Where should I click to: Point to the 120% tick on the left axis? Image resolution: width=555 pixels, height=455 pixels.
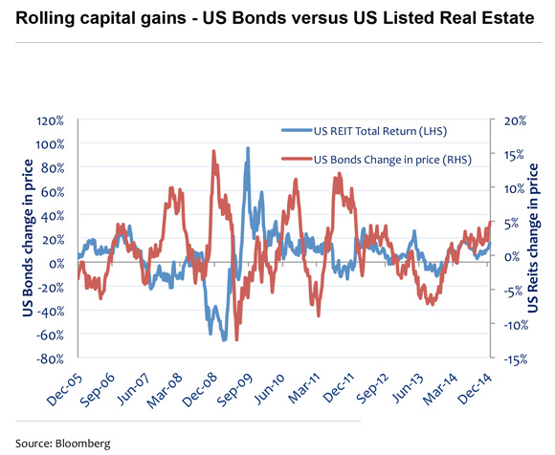pyautogui.click(x=49, y=120)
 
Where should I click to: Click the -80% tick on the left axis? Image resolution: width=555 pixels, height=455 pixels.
pyautogui.click(x=49, y=358)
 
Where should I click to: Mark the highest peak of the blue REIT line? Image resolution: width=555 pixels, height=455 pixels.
pyautogui.click(x=248, y=148)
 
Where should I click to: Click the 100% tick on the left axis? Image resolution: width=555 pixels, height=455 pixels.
pyautogui.click(x=49, y=144)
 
